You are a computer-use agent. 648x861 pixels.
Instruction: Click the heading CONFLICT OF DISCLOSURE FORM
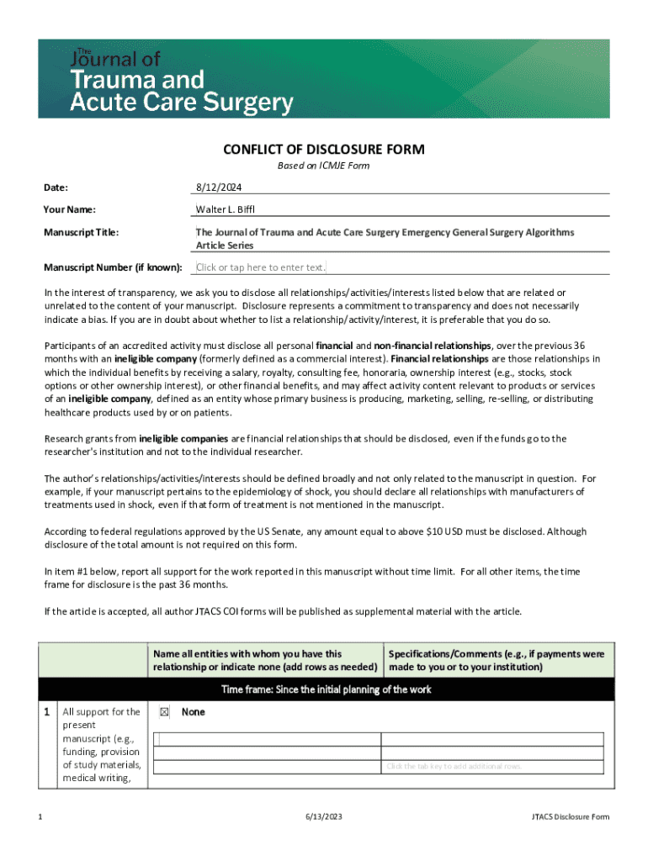tap(323, 150)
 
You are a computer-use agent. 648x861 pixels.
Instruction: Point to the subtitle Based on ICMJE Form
tap(323, 166)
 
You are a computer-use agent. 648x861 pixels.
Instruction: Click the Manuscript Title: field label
tap(82, 231)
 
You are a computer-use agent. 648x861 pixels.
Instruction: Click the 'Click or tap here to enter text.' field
tap(260, 267)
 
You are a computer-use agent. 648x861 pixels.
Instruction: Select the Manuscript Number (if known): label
tap(113, 267)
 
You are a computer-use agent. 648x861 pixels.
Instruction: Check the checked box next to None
tap(164, 712)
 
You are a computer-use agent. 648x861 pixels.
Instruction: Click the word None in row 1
tap(194, 712)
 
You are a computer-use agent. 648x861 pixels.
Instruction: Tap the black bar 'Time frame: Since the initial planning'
tap(326, 689)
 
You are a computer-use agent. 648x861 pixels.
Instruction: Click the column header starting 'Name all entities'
tap(264, 660)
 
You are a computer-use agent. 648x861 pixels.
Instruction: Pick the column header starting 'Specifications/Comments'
tap(497, 660)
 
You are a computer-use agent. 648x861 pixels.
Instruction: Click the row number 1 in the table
tap(47, 712)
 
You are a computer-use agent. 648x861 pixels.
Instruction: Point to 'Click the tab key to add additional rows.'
tap(454, 766)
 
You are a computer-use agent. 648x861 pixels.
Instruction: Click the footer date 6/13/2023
tap(323, 817)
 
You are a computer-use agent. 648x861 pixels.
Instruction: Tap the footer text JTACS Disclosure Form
tap(570, 817)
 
